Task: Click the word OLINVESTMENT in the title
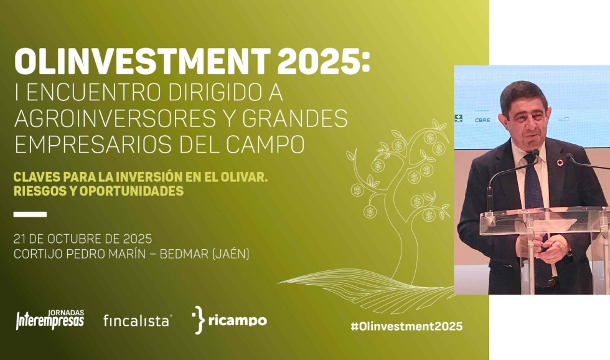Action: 143,62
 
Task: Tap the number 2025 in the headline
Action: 321,62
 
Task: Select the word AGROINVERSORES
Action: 115,118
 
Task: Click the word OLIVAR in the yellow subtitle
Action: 244,177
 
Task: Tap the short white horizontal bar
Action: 30,214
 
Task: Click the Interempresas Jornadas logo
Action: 50,320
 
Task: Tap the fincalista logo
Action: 138,321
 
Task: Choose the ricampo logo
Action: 229,320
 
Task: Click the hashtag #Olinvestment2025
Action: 406,326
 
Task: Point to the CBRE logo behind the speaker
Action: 482,120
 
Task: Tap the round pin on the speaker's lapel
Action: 560,163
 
